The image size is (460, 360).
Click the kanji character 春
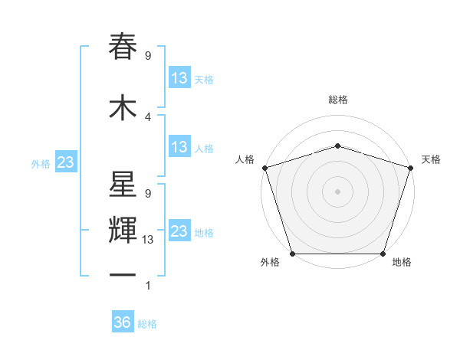123,47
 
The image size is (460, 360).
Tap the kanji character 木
123,107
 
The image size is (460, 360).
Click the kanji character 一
123,275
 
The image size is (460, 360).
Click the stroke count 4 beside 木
148,116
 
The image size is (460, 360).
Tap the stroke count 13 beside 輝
148,239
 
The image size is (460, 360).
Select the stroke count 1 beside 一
148,286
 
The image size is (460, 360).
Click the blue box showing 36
123,322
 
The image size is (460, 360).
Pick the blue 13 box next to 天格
179,78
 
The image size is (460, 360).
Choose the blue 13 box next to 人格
179,148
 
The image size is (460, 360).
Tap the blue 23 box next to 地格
179,231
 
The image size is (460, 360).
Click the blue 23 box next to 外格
65,162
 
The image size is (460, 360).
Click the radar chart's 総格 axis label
337,100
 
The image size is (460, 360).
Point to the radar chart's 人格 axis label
245,159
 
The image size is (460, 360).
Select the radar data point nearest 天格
410,168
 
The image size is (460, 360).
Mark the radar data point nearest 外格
292,254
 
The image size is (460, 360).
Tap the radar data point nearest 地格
383,254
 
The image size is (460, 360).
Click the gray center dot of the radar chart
337,191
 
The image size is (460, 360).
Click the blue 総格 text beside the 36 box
147,324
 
